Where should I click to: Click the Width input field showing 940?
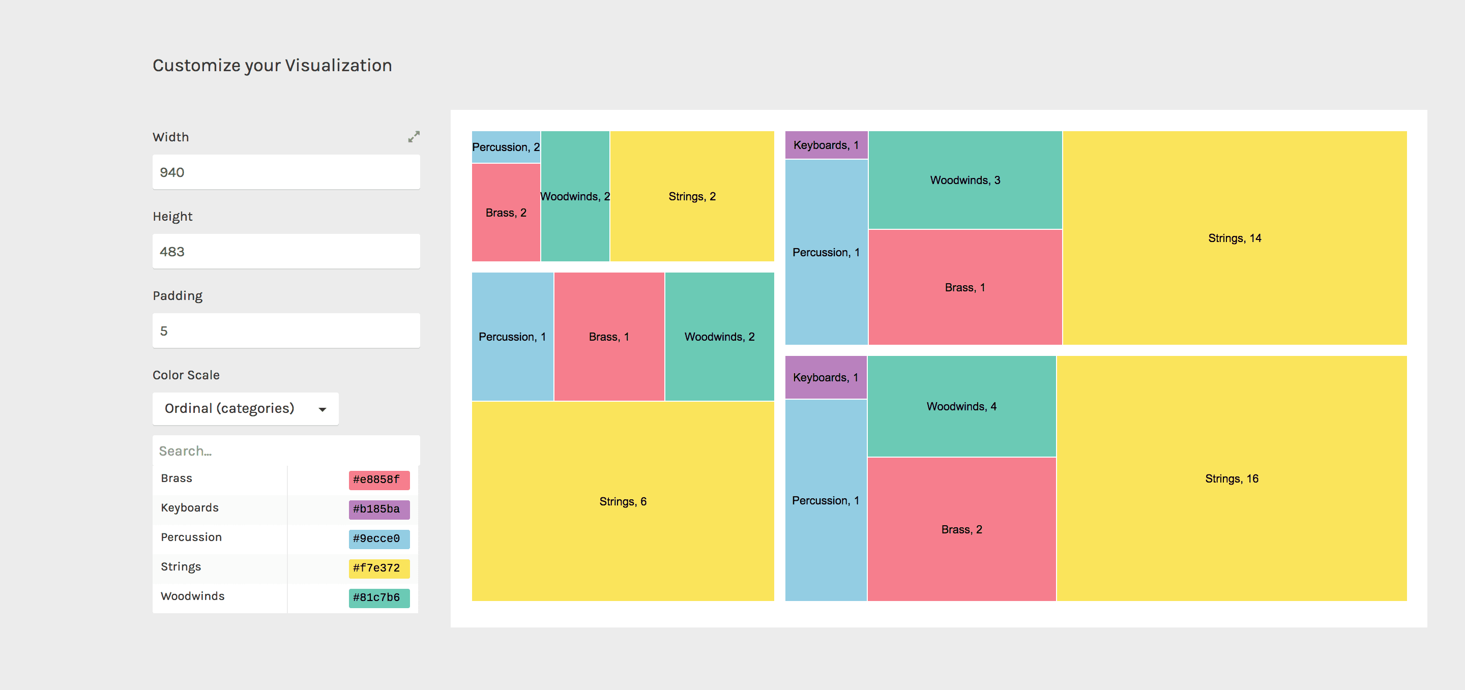(285, 172)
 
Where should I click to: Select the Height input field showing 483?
(285, 251)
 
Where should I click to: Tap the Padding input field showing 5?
(285, 331)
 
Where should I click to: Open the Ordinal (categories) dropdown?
(245, 409)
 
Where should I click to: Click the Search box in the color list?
(285, 451)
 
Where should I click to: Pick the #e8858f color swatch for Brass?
(379, 479)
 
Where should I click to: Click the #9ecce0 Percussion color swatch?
(379, 539)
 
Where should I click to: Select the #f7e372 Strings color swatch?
(379, 568)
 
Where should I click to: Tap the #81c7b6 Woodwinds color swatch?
(379, 598)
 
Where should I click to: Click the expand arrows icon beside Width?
(414, 136)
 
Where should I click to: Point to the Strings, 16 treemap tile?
(1231, 478)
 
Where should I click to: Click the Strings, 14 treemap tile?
(1234, 238)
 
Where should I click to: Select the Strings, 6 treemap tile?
(623, 501)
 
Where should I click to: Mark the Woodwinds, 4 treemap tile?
(961, 406)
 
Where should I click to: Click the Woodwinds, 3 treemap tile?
(964, 180)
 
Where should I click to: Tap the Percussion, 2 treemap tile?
(506, 147)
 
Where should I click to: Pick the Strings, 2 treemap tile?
(692, 197)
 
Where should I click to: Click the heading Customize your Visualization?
(272, 66)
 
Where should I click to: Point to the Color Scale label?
(186, 375)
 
